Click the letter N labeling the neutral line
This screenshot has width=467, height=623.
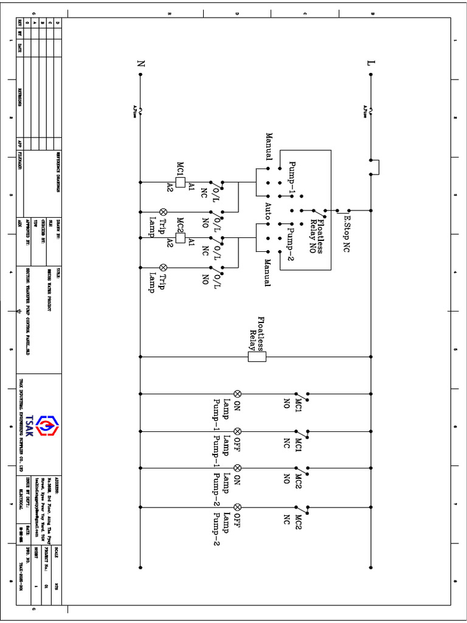pyautogui.click(x=141, y=63)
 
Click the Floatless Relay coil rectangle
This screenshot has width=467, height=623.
pyautogui.click(x=257, y=357)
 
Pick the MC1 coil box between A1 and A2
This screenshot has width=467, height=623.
pyautogui.click(x=180, y=181)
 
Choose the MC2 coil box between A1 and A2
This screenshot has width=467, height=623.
pyautogui.click(x=180, y=237)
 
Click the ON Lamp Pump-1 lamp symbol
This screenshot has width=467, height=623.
pyautogui.click(x=238, y=394)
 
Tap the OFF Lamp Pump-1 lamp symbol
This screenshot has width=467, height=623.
pyautogui.click(x=238, y=431)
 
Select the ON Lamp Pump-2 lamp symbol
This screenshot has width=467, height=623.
pyautogui.click(x=238, y=468)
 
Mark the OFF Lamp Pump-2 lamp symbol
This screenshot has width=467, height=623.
pyautogui.click(x=238, y=506)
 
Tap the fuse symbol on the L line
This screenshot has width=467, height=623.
pyautogui.click(x=371, y=110)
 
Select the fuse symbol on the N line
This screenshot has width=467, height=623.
pyautogui.click(x=141, y=110)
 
